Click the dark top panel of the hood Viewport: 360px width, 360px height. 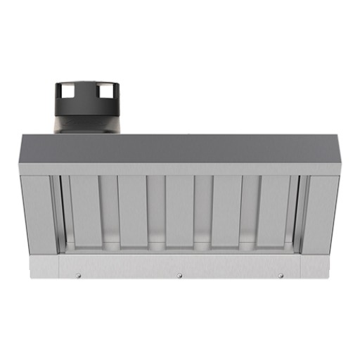(x=179, y=148)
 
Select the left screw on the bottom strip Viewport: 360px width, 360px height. (x=78, y=275)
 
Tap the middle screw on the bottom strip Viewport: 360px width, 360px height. (x=179, y=275)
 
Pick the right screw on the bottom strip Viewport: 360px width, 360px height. (x=281, y=275)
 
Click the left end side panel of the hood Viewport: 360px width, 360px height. (x=37, y=214)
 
